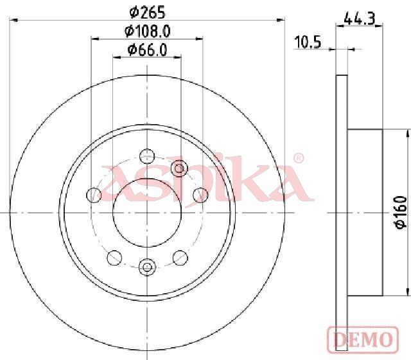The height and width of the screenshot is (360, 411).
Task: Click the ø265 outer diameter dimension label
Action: click(148, 12)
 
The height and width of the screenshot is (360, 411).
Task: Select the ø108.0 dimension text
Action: click(148, 32)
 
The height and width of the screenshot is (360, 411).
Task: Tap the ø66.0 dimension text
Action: click(147, 50)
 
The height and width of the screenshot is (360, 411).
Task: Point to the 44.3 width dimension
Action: click(360, 19)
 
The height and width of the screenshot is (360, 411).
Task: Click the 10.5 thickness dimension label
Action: click(308, 42)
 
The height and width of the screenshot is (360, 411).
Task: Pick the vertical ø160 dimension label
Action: click(401, 212)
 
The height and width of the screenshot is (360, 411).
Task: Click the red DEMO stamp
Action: click(363, 339)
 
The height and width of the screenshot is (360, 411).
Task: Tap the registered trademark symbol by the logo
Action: click(298, 158)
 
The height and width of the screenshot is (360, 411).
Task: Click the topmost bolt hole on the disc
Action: click(147, 156)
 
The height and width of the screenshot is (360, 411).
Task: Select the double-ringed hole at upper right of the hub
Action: click(179, 168)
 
